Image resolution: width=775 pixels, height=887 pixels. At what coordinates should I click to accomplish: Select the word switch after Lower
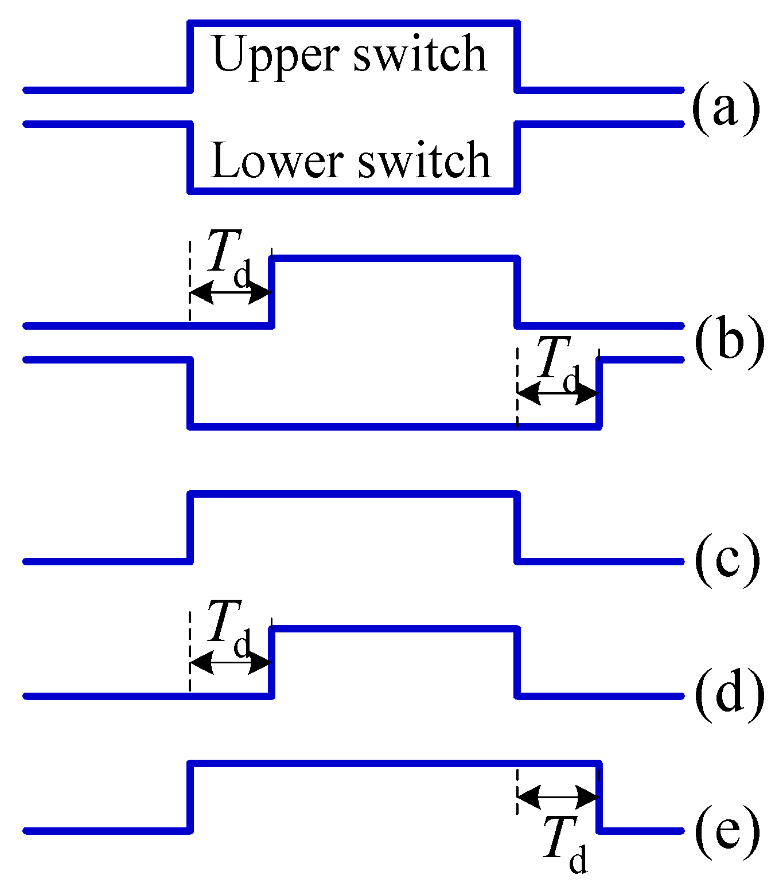(x=424, y=160)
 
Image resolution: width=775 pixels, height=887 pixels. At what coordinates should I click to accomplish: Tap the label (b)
(x=729, y=343)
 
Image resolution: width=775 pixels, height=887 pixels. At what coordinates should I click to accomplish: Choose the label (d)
(x=729, y=695)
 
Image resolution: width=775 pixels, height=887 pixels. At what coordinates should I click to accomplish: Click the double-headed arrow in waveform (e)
(x=558, y=797)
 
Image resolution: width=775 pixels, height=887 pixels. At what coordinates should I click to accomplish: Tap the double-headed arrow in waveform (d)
(x=230, y=663)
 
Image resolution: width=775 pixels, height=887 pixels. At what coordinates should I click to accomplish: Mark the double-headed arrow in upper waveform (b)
(x=230, y=293)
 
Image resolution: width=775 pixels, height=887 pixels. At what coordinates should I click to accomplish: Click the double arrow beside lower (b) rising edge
(x=558, y=393)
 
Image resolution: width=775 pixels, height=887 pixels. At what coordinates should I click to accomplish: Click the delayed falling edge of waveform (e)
(x=599, y=797)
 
